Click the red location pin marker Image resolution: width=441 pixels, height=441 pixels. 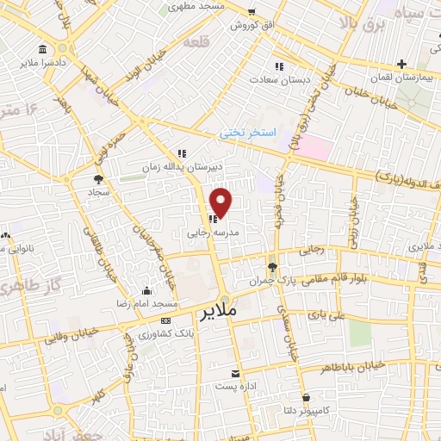tap(221, 202)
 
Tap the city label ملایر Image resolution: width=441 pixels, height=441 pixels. tap(217, 311)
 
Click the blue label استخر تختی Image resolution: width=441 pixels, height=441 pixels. tap(246, 134)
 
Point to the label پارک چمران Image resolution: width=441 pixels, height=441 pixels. tap(258, 282)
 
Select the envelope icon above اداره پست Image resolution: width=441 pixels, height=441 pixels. tap(235, 373)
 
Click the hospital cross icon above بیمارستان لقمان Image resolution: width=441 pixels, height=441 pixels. tap(401, 64)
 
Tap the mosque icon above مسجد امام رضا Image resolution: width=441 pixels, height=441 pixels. tap(147, 290)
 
